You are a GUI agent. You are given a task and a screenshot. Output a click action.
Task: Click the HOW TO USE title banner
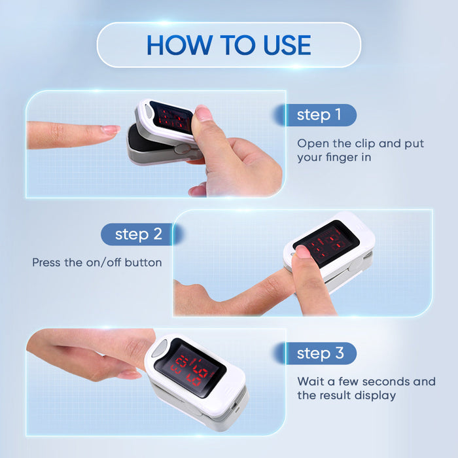[229, 44]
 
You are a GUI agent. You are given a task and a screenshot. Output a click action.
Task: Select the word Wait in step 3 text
[310, 381]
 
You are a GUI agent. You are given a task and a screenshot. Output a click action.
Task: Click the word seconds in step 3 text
[389, 381]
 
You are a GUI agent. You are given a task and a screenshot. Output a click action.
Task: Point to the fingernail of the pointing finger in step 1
[110, 130]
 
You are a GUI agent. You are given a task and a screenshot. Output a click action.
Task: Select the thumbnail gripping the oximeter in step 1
[203, 114]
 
